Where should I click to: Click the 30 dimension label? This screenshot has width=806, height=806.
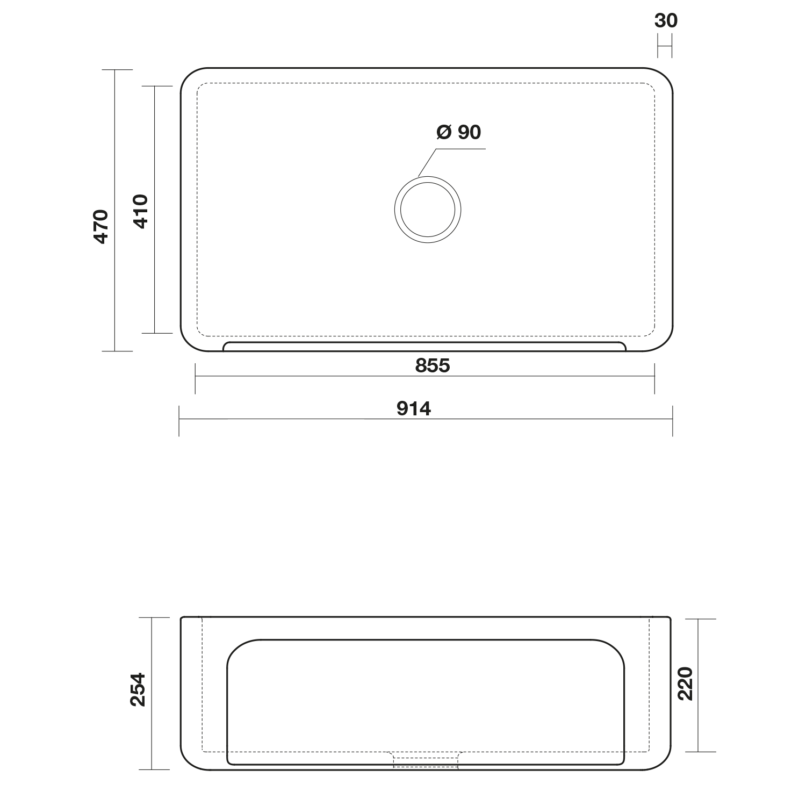pos(666,20)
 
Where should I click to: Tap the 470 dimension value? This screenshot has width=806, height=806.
pos(101,227)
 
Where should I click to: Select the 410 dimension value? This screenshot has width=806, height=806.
pos(140,212)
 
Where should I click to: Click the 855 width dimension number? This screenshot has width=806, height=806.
pos(433,365)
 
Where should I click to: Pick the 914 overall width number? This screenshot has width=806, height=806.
pos(414,409)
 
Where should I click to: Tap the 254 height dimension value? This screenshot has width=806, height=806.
pos(138,689)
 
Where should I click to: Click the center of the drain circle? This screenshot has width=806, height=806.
pos(428,209)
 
